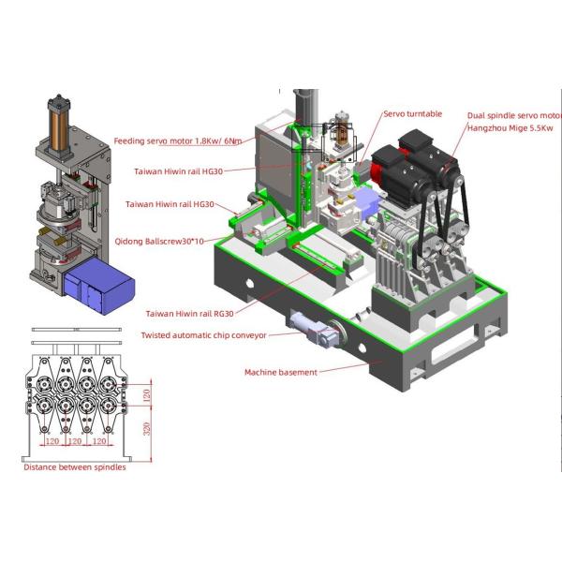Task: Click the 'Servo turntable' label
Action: [x=412, y=114]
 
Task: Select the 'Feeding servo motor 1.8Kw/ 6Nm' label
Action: [x=178, y=141]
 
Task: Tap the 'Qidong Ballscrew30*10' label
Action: [x=159, y=242]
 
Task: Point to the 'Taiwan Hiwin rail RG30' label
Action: [x=189, y=314]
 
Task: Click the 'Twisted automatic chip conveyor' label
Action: [x=203, y=335]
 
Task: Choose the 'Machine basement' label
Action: [x=281, y=373]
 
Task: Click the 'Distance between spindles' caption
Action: [x=75, y=467]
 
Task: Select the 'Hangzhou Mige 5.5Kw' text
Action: [x=510, y=128]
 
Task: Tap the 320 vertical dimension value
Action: [x=147, y=429]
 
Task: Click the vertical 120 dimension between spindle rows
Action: [x=147, y=395]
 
